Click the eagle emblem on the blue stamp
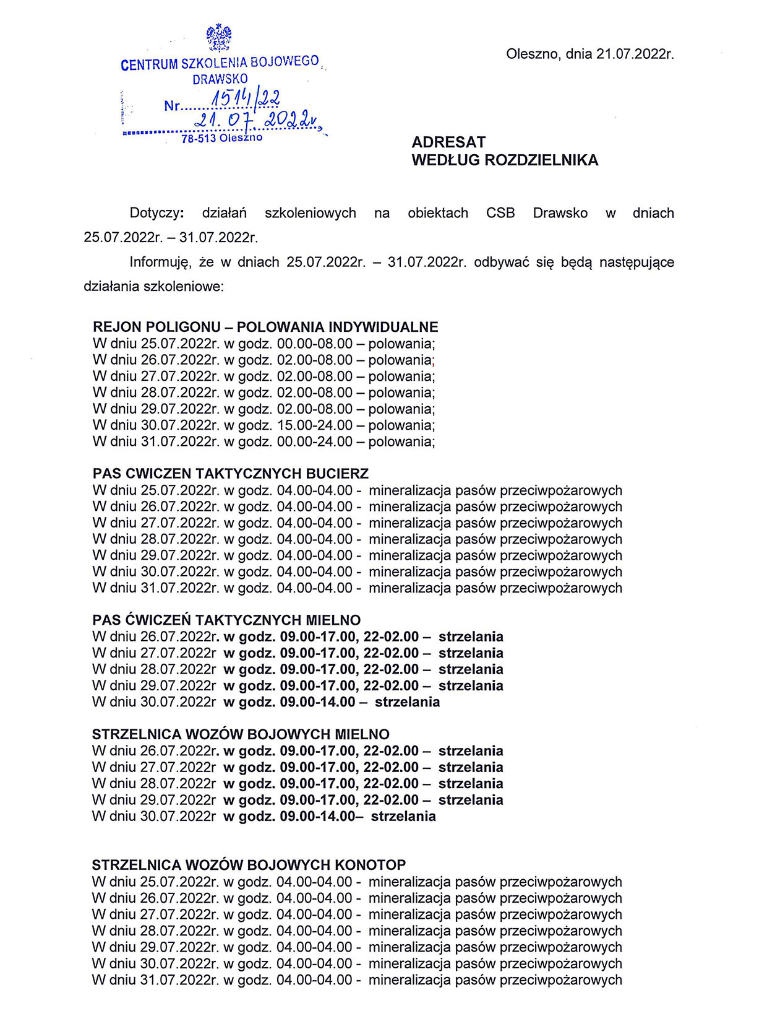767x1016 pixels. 219,37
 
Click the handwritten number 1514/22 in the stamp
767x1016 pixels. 246,98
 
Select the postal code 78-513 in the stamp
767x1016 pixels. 199,139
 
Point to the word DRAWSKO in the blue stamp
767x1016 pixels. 220,79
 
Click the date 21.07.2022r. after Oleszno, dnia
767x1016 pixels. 635,54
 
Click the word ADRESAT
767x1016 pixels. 448,142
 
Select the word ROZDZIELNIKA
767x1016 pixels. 541,160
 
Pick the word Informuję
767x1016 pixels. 160,262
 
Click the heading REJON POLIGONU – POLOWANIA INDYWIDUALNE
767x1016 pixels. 265,327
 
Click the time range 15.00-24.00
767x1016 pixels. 314,425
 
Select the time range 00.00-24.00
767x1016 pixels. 314,441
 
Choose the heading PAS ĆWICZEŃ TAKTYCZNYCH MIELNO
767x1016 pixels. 226,620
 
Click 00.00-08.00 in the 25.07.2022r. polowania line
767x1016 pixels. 314,344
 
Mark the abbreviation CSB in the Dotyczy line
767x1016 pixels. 500,213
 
